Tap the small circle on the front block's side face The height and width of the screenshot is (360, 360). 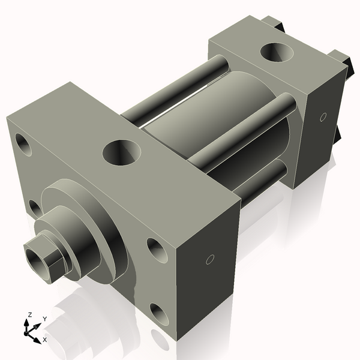[x=210, y=259]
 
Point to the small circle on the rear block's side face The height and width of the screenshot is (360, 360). [x=323, y=116]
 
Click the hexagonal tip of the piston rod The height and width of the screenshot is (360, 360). [x=41, y=256]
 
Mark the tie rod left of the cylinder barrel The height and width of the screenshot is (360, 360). [x=174, y=90]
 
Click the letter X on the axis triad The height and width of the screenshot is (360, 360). [x=45, y=340]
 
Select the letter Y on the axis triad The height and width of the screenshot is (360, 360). [x=45, y=318]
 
